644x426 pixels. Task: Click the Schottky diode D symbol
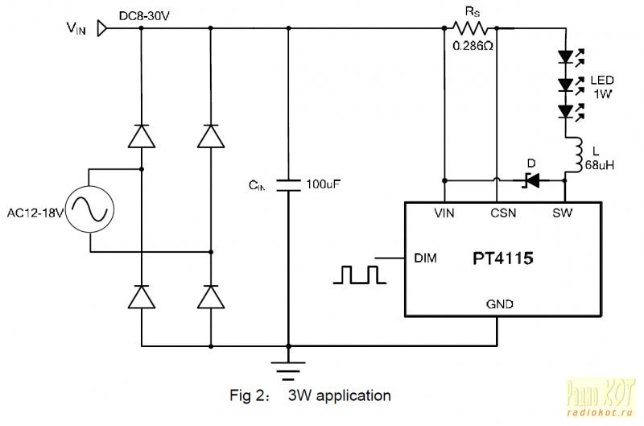530,180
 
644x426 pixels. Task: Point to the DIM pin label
425,258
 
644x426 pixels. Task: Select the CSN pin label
504,213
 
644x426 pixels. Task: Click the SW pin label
563,213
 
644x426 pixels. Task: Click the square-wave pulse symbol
358,275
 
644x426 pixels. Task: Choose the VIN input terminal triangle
101,29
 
